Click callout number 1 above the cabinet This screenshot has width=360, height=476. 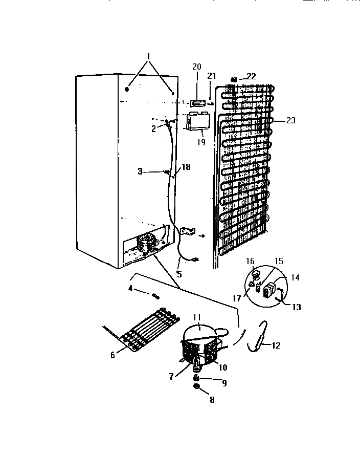click(x=148, y=56)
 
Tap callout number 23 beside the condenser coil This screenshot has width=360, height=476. click(x=290, y=121)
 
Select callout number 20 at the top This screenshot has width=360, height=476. click(x=197, y=67)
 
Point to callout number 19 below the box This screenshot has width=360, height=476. click(x=201, y=142)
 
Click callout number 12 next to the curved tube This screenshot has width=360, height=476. click(x=276, y=345)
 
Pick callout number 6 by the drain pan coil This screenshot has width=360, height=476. click(x=113, y=355)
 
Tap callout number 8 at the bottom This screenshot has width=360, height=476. click(x=211, y=400)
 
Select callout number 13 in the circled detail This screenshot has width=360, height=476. click(x=297, y=307)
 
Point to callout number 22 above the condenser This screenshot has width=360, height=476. click(x=251, y=76)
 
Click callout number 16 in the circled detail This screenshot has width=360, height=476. click(x=250, y=262)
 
